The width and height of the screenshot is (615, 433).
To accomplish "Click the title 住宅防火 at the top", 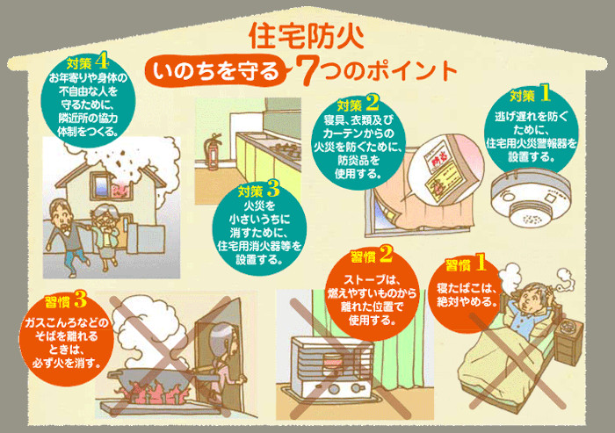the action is point(307,36).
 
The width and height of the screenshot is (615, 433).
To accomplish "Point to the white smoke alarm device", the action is point(531,199).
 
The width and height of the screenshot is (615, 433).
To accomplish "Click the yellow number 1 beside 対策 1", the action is point(546,94).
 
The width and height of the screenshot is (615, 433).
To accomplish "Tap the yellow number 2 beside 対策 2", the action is point(373,103).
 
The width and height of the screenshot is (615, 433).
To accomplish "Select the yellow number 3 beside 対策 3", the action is point(273,190).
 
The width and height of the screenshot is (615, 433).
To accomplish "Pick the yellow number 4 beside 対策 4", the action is point(101,61).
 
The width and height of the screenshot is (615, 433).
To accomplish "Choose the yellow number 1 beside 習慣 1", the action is point(480,263).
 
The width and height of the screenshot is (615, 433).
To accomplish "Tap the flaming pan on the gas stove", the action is point(157,381).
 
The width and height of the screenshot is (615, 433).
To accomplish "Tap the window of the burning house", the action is point(101,184).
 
